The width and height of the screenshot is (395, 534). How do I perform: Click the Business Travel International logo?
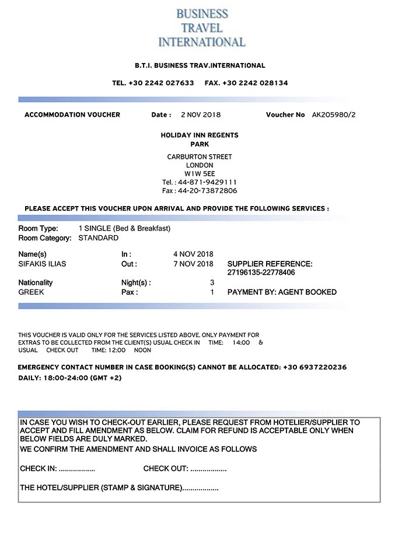[x=202, y=27]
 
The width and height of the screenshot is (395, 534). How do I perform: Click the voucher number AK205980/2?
[x=334, y=114]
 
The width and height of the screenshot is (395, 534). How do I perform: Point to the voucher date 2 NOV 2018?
[x=201, y=114]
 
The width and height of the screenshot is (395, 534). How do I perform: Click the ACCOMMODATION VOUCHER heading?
[x=72, y=114]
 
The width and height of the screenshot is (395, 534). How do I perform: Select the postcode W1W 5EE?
[x=200, y=173]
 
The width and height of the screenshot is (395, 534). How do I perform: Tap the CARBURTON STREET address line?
[x=200, y=156]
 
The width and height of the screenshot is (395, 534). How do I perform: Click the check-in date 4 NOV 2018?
[x=193, y=254]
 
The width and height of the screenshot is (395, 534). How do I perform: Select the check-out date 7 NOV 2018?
[x=193, y=264]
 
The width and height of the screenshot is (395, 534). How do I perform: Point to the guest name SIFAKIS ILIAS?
[x=42, y=264]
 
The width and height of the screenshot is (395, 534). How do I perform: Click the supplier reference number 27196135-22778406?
[x=261, y=273]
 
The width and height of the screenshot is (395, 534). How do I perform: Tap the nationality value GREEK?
[x=31, y=292]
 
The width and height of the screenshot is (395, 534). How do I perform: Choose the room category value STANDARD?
[x=98, y=238]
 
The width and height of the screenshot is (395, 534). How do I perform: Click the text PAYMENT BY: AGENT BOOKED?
[x=282, y=292]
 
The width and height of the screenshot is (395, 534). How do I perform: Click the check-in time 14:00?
[x=241, y=343]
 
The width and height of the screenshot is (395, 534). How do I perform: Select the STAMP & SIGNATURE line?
[x=119, y=487]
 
